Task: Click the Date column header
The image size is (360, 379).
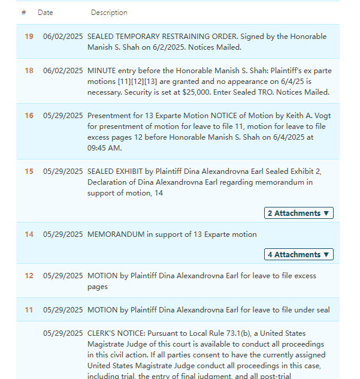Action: (x=45, y=13)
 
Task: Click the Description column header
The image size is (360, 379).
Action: (x=109, y=13)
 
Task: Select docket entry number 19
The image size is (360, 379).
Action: (x=29, y=37)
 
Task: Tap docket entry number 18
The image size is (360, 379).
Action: (x=29, y=71)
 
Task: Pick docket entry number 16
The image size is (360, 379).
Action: (x=29, y=116)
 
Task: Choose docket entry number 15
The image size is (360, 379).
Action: (x=29, y=172)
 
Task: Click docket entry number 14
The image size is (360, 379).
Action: (x=29, y=234)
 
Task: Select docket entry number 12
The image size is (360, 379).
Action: (x=29, y=276)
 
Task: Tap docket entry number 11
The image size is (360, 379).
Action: (x=29, y=310)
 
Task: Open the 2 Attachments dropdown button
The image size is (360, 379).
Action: (x=298, y=213)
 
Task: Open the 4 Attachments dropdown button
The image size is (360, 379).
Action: (x=298, y=255)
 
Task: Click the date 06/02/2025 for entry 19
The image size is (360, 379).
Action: (x=63, y=37)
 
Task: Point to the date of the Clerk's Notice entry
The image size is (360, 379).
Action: (x=63, y=333)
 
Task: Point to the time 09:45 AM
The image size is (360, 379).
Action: (x=105, y=148)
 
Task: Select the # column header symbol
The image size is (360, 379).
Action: (x=23, y=13)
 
